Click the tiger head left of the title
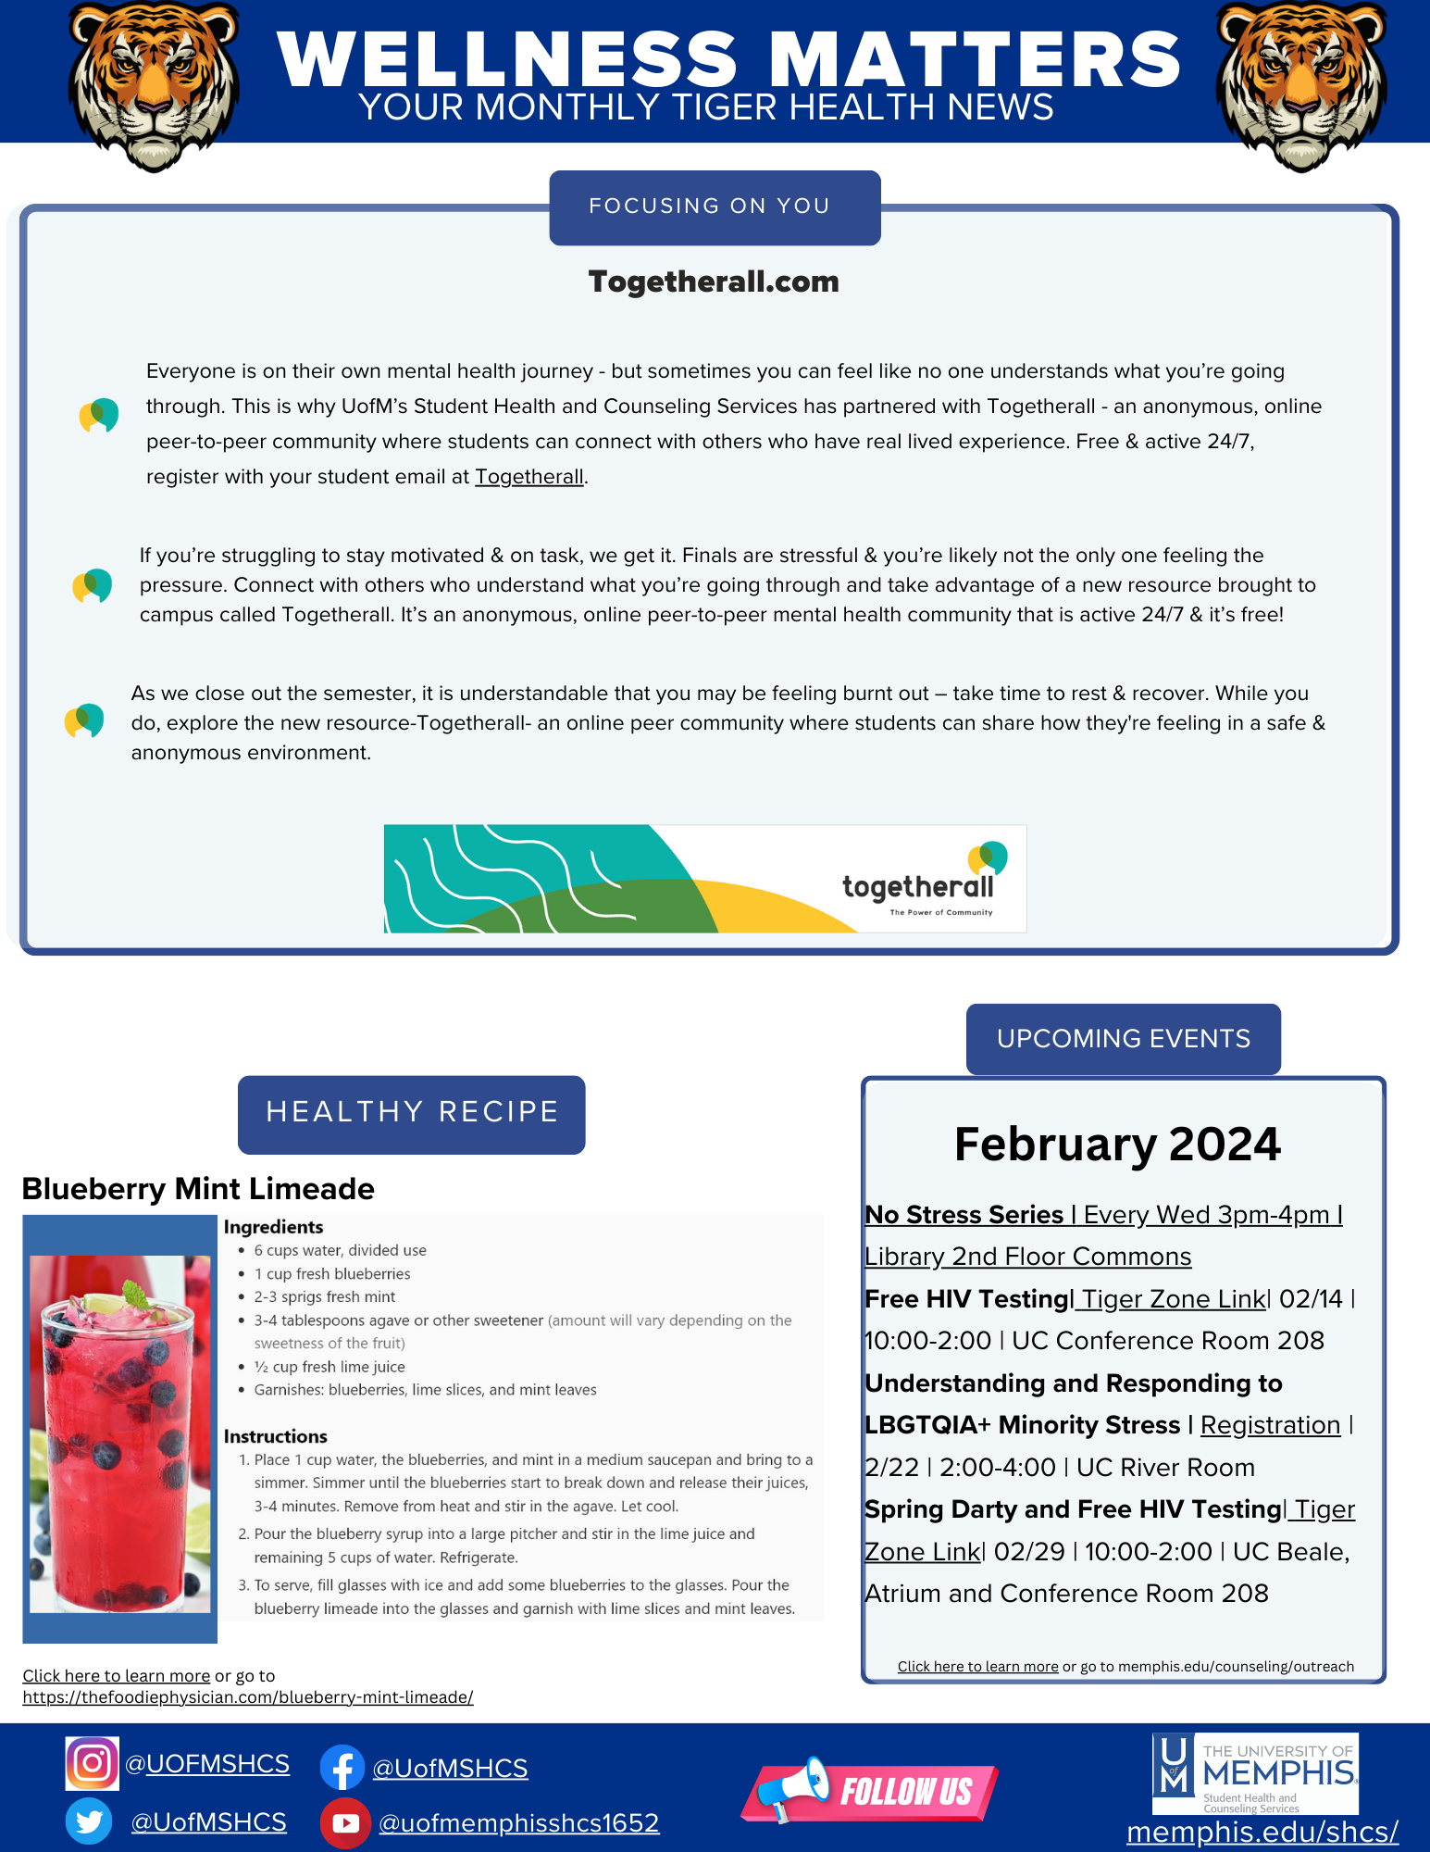coord(154,86)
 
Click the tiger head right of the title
coord(1300,86)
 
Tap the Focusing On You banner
coord(714,206)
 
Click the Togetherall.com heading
coord(714,282)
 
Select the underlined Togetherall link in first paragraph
coord(529,477)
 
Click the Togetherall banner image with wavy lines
coord(704,878)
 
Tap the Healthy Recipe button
coord(412,1113)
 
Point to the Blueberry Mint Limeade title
coord(198,1188)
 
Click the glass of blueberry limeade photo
coord(119,1431)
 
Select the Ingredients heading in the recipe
coord(273,1227)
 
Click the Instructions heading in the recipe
coord(275,1436)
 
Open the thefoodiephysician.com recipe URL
coord(248,1697)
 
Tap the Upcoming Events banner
coord(1123,1039)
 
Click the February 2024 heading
coord(1117,1145)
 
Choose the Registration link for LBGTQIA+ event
coord(1270,1425)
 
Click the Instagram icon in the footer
coord(92,1763)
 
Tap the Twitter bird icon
coord(89,1821)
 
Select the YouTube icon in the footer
coord(344,1822)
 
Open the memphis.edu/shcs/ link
coord(1262,1832)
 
